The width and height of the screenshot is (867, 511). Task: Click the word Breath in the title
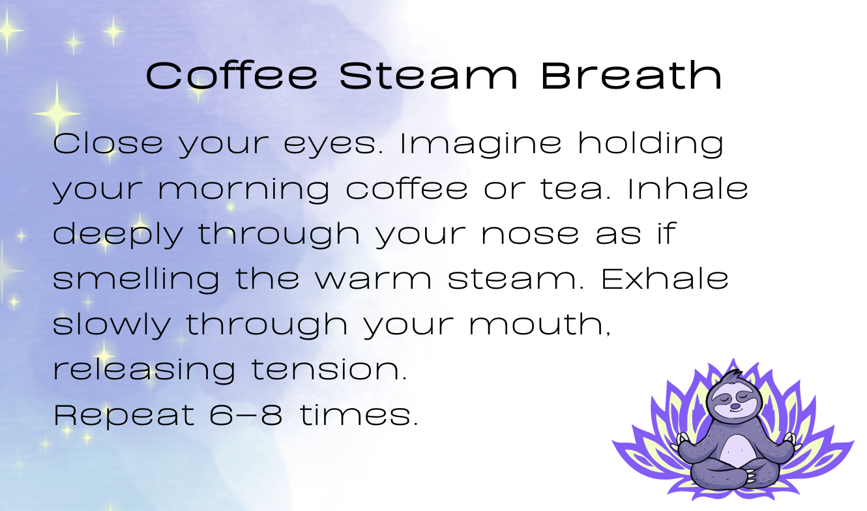(x=631, y=75)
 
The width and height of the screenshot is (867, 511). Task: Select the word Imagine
(x=480, y=145)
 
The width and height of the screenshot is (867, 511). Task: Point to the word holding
(x=651, y=144)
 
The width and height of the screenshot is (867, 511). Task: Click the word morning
(x=244, y=190)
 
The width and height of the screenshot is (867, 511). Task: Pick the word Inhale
(x=688, y=188)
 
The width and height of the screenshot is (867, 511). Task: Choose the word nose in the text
(x=530, y=235)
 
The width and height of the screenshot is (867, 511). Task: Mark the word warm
(x=374, y=280)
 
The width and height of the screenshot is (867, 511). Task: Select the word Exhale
(x=665, y=279)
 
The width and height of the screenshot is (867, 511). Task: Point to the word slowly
(x=112, y=325)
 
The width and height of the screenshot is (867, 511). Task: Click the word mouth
(x=540, y=325)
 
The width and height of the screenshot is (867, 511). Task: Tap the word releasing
(x=144, y=370)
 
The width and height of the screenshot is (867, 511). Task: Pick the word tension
(x=329, y=370)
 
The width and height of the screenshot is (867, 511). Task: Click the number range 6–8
(x=246, y=415)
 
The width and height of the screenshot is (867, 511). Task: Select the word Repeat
(x=124, y=416)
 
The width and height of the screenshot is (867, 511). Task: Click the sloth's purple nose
(x=735, y=407)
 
